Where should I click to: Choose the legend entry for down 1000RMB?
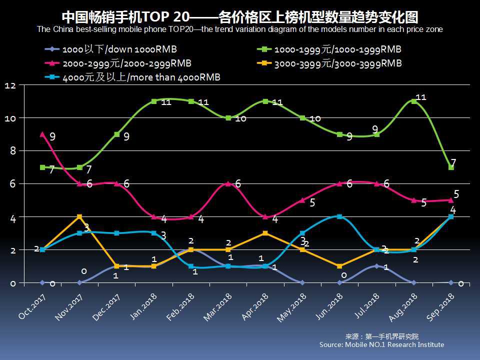point(112,49)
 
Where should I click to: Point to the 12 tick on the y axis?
point(10,85)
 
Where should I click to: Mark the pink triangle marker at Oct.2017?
point(42,134)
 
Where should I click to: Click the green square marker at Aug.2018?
point(414,101)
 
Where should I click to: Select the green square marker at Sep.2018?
point(451,167)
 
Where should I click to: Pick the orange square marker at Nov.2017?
point(79,216)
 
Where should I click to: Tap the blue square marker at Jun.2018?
point(339,216)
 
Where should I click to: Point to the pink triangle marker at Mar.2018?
point(228,183)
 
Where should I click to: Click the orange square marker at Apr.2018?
point(265,233)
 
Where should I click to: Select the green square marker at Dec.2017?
point(116,134)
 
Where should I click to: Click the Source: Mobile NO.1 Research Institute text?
point(381,344)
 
